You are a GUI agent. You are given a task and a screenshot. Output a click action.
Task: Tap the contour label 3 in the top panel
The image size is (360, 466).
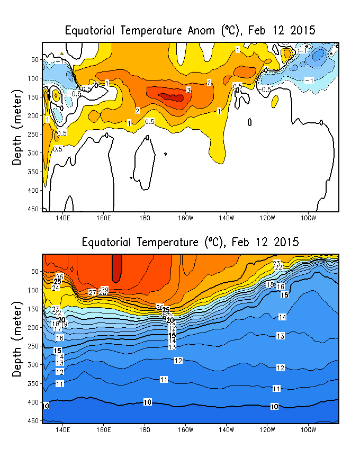click(x=188, y=91)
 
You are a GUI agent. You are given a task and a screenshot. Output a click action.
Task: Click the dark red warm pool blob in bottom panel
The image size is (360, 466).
click(x=116, y=267)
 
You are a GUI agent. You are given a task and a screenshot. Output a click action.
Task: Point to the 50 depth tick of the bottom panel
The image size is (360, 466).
click(x=36, y=272)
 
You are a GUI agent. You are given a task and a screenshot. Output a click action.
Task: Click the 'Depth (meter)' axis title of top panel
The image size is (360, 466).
click(x=17, y=127)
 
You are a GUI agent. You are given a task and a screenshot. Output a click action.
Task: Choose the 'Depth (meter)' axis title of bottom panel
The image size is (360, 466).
click(x=17, y=339)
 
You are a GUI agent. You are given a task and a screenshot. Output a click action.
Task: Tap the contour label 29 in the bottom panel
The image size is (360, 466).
click(x=104, y=290)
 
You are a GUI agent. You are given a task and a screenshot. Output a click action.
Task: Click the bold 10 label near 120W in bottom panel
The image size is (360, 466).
click(x=274, y=407)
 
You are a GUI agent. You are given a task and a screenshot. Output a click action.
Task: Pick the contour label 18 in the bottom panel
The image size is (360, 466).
click(x=270, y=285)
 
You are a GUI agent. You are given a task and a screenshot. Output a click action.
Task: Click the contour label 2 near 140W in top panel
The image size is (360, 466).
click(x=209, y=83)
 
